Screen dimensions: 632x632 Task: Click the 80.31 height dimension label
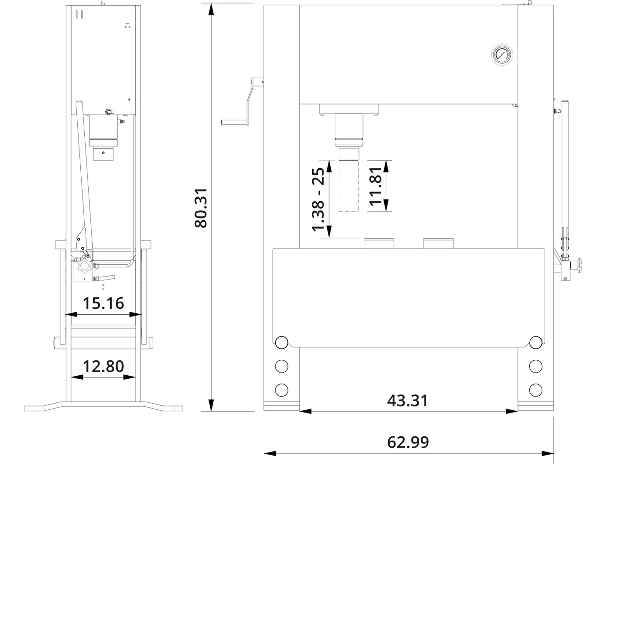(x=201, y=208)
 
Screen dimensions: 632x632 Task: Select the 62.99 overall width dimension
(x=408, y=442)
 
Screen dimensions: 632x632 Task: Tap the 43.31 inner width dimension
(x=408, y=401)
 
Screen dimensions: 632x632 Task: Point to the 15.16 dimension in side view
(x=103, y=303)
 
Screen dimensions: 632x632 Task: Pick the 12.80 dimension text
(x=103, y=366)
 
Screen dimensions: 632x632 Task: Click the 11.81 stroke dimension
(x=375, y=186)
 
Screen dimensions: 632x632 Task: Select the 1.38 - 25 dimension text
(x=318, y=200)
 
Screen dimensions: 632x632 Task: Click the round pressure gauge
(x=502, y=55)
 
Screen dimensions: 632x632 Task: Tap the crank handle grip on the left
(x=234, y=122)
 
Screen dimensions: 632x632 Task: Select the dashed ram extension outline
(x=349, y=186)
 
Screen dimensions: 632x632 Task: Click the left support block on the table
(x=379, y=243)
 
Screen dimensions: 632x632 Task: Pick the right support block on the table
(x=438, y=243)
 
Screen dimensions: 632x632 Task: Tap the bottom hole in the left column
(x=281, y=390)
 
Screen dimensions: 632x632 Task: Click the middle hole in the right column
(x=536, y=366)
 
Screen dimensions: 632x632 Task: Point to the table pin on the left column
(x=281, y=342)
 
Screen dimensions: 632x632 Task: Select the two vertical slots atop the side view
(x=78, y=14)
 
